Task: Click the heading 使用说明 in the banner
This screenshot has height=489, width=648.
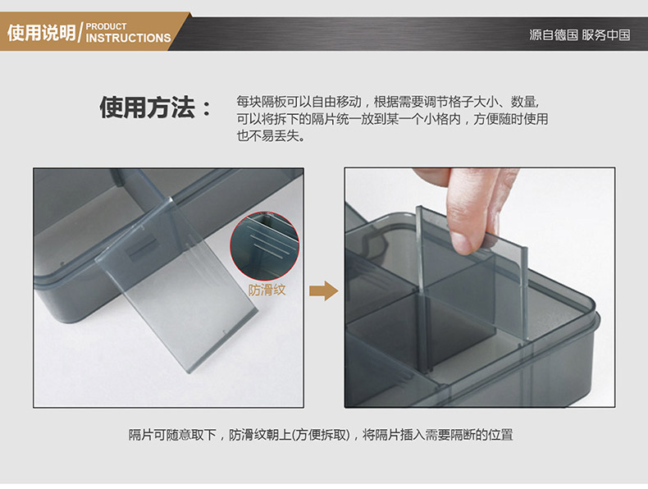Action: (41, 32)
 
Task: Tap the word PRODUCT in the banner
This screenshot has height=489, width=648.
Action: (106, 26)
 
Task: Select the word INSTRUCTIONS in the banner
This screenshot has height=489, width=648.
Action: (128, 38)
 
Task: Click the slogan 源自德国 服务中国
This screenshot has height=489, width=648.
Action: (579, 34)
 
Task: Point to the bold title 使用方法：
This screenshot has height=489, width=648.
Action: (156, 107)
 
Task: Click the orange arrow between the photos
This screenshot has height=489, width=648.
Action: (323, 290)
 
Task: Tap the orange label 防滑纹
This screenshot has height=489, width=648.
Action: (267, 290)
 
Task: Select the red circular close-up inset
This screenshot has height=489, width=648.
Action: (264, 246)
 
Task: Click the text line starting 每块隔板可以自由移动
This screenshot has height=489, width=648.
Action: (388, 102)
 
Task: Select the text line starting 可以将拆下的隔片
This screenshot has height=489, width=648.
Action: (392, 119)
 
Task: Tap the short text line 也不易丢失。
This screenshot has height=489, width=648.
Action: (271, 135)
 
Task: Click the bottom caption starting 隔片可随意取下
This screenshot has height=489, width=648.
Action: (321, 435)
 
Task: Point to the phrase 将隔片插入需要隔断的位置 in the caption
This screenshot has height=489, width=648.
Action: (438, 435)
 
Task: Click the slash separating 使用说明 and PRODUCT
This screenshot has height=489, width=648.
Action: (80, 32)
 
